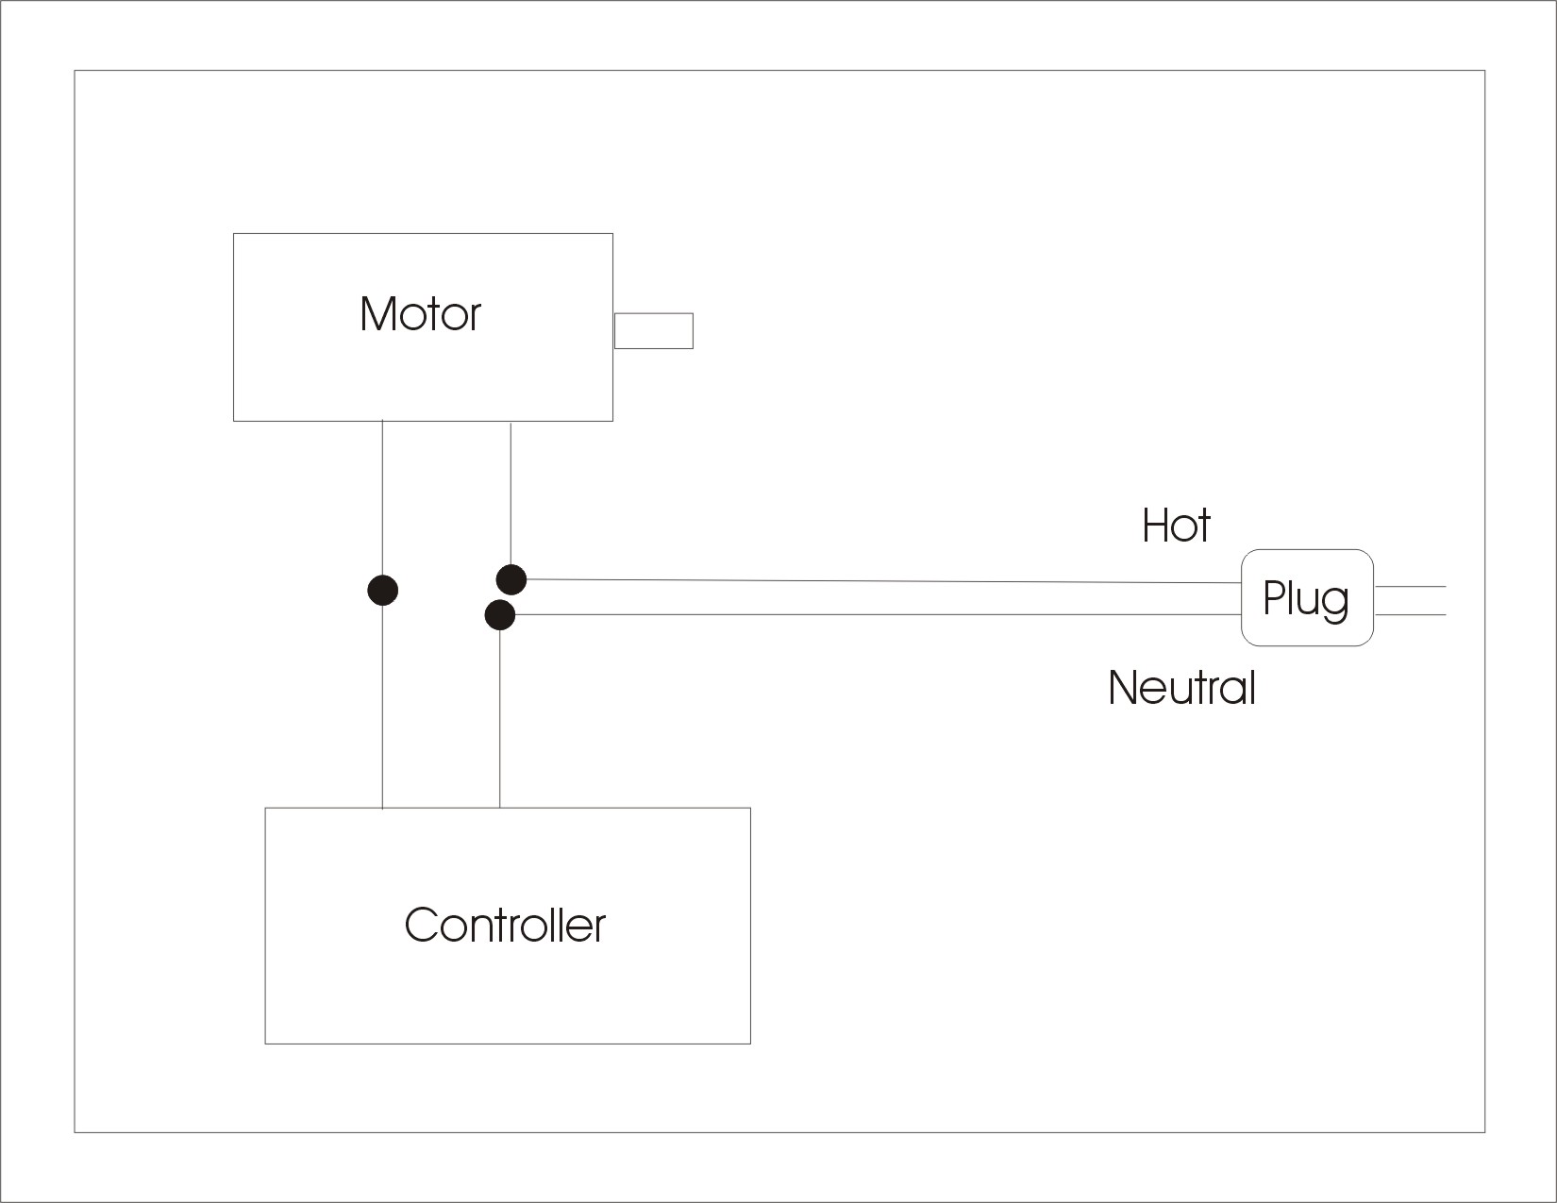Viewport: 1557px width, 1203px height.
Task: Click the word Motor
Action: [x=420, y=314]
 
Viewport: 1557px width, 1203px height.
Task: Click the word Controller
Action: [x=505, y=926]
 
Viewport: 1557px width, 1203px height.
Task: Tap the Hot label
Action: [x=1175, y=526]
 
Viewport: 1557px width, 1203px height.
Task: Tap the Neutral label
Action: [x=1181, y=688]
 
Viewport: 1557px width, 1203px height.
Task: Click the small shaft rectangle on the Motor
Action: [x=654, y=331]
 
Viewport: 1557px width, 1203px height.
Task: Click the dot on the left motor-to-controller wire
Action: [x=382, y=591]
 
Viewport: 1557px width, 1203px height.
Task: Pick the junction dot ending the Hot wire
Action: [x=511, y=579]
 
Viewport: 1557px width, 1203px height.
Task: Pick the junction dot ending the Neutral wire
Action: [x=500, y=615]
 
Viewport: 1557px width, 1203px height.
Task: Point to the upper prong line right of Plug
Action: [x=1411, y=586]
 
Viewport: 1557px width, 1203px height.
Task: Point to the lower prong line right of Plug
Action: [x=1411, y=615]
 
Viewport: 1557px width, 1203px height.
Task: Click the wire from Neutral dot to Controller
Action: [x=500, y=717]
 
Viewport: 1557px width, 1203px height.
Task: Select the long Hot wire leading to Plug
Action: [x=878, y=581]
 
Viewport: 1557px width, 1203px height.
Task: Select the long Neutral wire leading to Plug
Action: [x=878, y=615]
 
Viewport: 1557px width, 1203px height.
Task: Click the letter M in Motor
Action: [x=376, y=314]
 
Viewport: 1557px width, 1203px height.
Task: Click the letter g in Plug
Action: [x=1335, y=603]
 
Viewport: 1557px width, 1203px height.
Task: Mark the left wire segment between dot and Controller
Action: [x=382, y=708]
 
